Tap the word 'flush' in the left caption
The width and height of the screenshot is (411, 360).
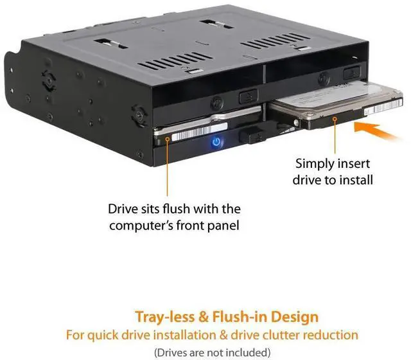click(168, 209)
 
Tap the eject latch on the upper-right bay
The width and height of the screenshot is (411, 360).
click(351, 73)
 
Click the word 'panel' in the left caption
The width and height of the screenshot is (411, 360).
click(215, 226)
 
